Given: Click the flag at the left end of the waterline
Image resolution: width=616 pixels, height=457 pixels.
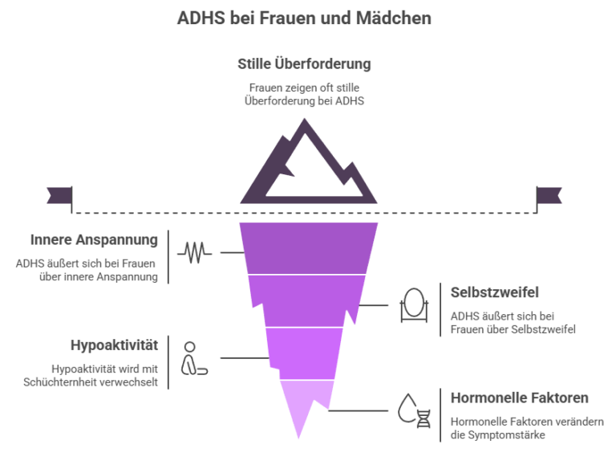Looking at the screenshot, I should click(x=59, y=194).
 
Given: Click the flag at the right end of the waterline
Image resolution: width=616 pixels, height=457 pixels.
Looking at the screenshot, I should click(x=549, y=194).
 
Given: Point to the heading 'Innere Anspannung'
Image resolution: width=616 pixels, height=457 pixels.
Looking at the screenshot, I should click(x=94, y=240).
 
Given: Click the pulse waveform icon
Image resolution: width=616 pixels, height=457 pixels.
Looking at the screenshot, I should click(x=195, y=252).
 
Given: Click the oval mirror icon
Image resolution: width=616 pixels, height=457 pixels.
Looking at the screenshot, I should click(x=413, y=306).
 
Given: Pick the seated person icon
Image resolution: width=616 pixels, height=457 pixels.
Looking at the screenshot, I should click(x=192, y=358).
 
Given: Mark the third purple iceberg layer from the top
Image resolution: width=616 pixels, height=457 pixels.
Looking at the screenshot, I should click(x=303, y=352).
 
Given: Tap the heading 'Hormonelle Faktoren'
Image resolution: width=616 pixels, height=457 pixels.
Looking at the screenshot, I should click(x=520, y=398).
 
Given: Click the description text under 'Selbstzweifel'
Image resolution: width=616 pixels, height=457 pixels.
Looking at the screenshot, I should click(x=513, y=322).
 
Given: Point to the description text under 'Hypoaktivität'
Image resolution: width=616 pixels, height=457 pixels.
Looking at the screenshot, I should click(x=111, y=375).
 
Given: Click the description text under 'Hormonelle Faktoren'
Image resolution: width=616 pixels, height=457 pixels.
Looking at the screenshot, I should click(x=526, y=427).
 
